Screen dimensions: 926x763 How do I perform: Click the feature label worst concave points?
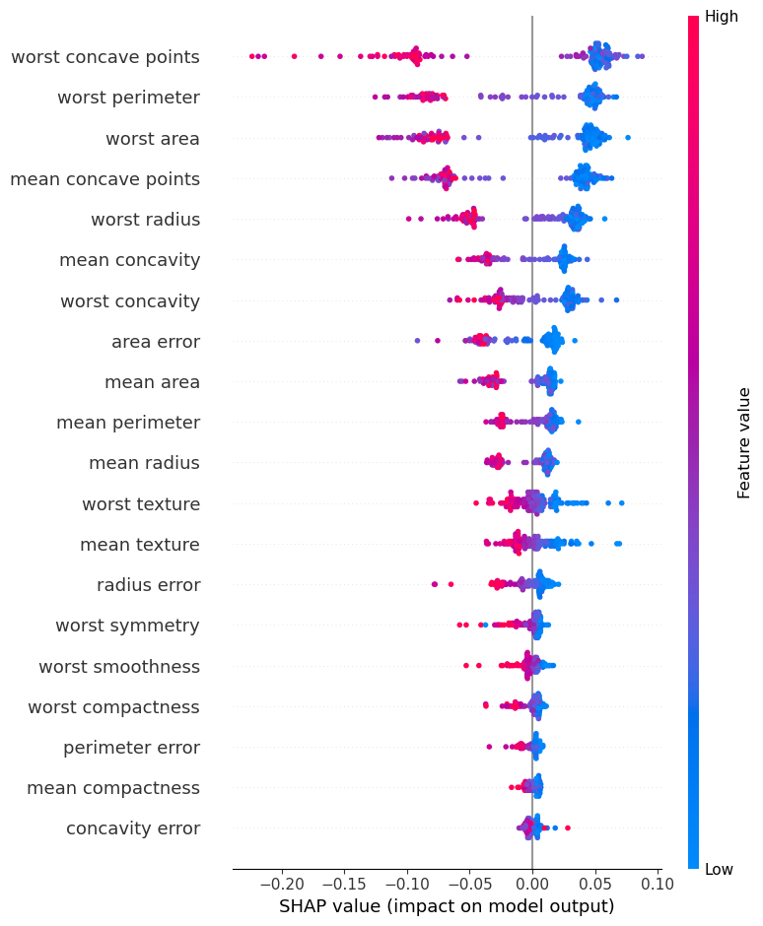[105, 57]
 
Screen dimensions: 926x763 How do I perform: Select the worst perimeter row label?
[128, 98]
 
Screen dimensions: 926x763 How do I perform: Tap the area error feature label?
[156, 342]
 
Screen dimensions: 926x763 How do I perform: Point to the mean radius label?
[144, 463]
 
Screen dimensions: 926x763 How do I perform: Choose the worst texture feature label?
[141, 504]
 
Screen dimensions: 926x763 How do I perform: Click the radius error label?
[148, 585]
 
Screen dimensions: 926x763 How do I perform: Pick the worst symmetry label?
[127, 626]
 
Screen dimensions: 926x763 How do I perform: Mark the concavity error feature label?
[133, 828]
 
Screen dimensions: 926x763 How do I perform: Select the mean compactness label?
[113, 788]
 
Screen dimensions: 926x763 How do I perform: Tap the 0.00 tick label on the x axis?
[532, 882]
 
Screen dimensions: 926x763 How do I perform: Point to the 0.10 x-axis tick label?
[658, 882]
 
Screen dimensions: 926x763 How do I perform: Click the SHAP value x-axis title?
[447, 906]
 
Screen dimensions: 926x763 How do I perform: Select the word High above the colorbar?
[722, 17]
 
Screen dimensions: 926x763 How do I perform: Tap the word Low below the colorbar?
[720, 869]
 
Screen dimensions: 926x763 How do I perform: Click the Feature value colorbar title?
[744, 442]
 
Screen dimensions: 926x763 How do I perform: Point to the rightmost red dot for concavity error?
[568, 827]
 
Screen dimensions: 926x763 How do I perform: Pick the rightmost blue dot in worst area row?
[628, 137]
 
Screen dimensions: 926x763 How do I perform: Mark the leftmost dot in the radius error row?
[435, 584]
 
